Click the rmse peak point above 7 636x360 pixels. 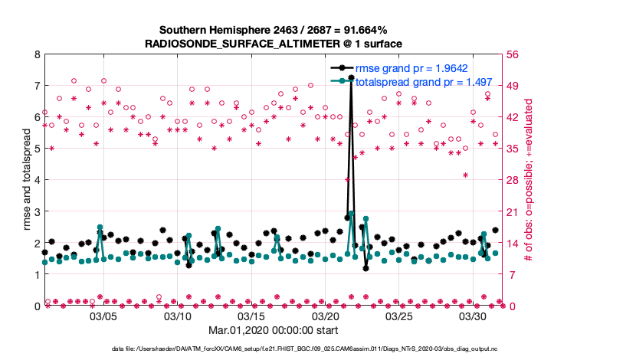351,77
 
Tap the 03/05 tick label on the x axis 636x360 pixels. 103,316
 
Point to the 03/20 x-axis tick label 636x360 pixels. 326,316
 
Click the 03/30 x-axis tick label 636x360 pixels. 474,316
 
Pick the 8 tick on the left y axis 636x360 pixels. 36,54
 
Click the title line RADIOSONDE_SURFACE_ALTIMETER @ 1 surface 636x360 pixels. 274,44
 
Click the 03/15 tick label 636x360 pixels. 251,316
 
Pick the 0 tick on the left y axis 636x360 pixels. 36,306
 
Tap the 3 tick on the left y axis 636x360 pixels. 36,211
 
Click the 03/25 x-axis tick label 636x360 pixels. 399,316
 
